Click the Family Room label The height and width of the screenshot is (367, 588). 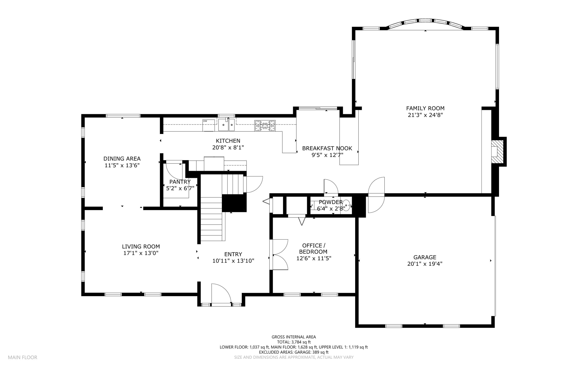[x=425, y=108]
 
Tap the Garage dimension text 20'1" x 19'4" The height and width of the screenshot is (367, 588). [x=425, y=264]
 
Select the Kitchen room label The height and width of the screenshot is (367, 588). [x=228, y=141]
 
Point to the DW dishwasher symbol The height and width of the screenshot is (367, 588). [x=209, y=125]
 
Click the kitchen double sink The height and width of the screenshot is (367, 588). [x=227, y=125]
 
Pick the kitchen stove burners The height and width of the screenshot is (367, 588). [x=265, y=125]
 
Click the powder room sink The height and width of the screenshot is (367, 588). [x=347, y=205]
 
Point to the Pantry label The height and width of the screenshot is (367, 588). [x=180, y=182]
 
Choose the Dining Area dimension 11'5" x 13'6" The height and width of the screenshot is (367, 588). [x=122, y=165]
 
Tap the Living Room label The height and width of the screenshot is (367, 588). [x=141, y=246]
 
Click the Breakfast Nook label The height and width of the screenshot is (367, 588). [x=327, y=148]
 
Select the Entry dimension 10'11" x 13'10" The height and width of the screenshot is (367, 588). [x=233, y=261]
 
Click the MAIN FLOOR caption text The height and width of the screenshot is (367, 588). [x=23, y=358]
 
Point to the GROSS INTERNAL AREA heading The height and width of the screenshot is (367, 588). [x=294, y=337]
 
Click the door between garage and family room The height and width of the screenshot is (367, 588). [x=376, y=195]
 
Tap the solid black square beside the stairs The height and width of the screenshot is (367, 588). [x=234, y=203]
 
